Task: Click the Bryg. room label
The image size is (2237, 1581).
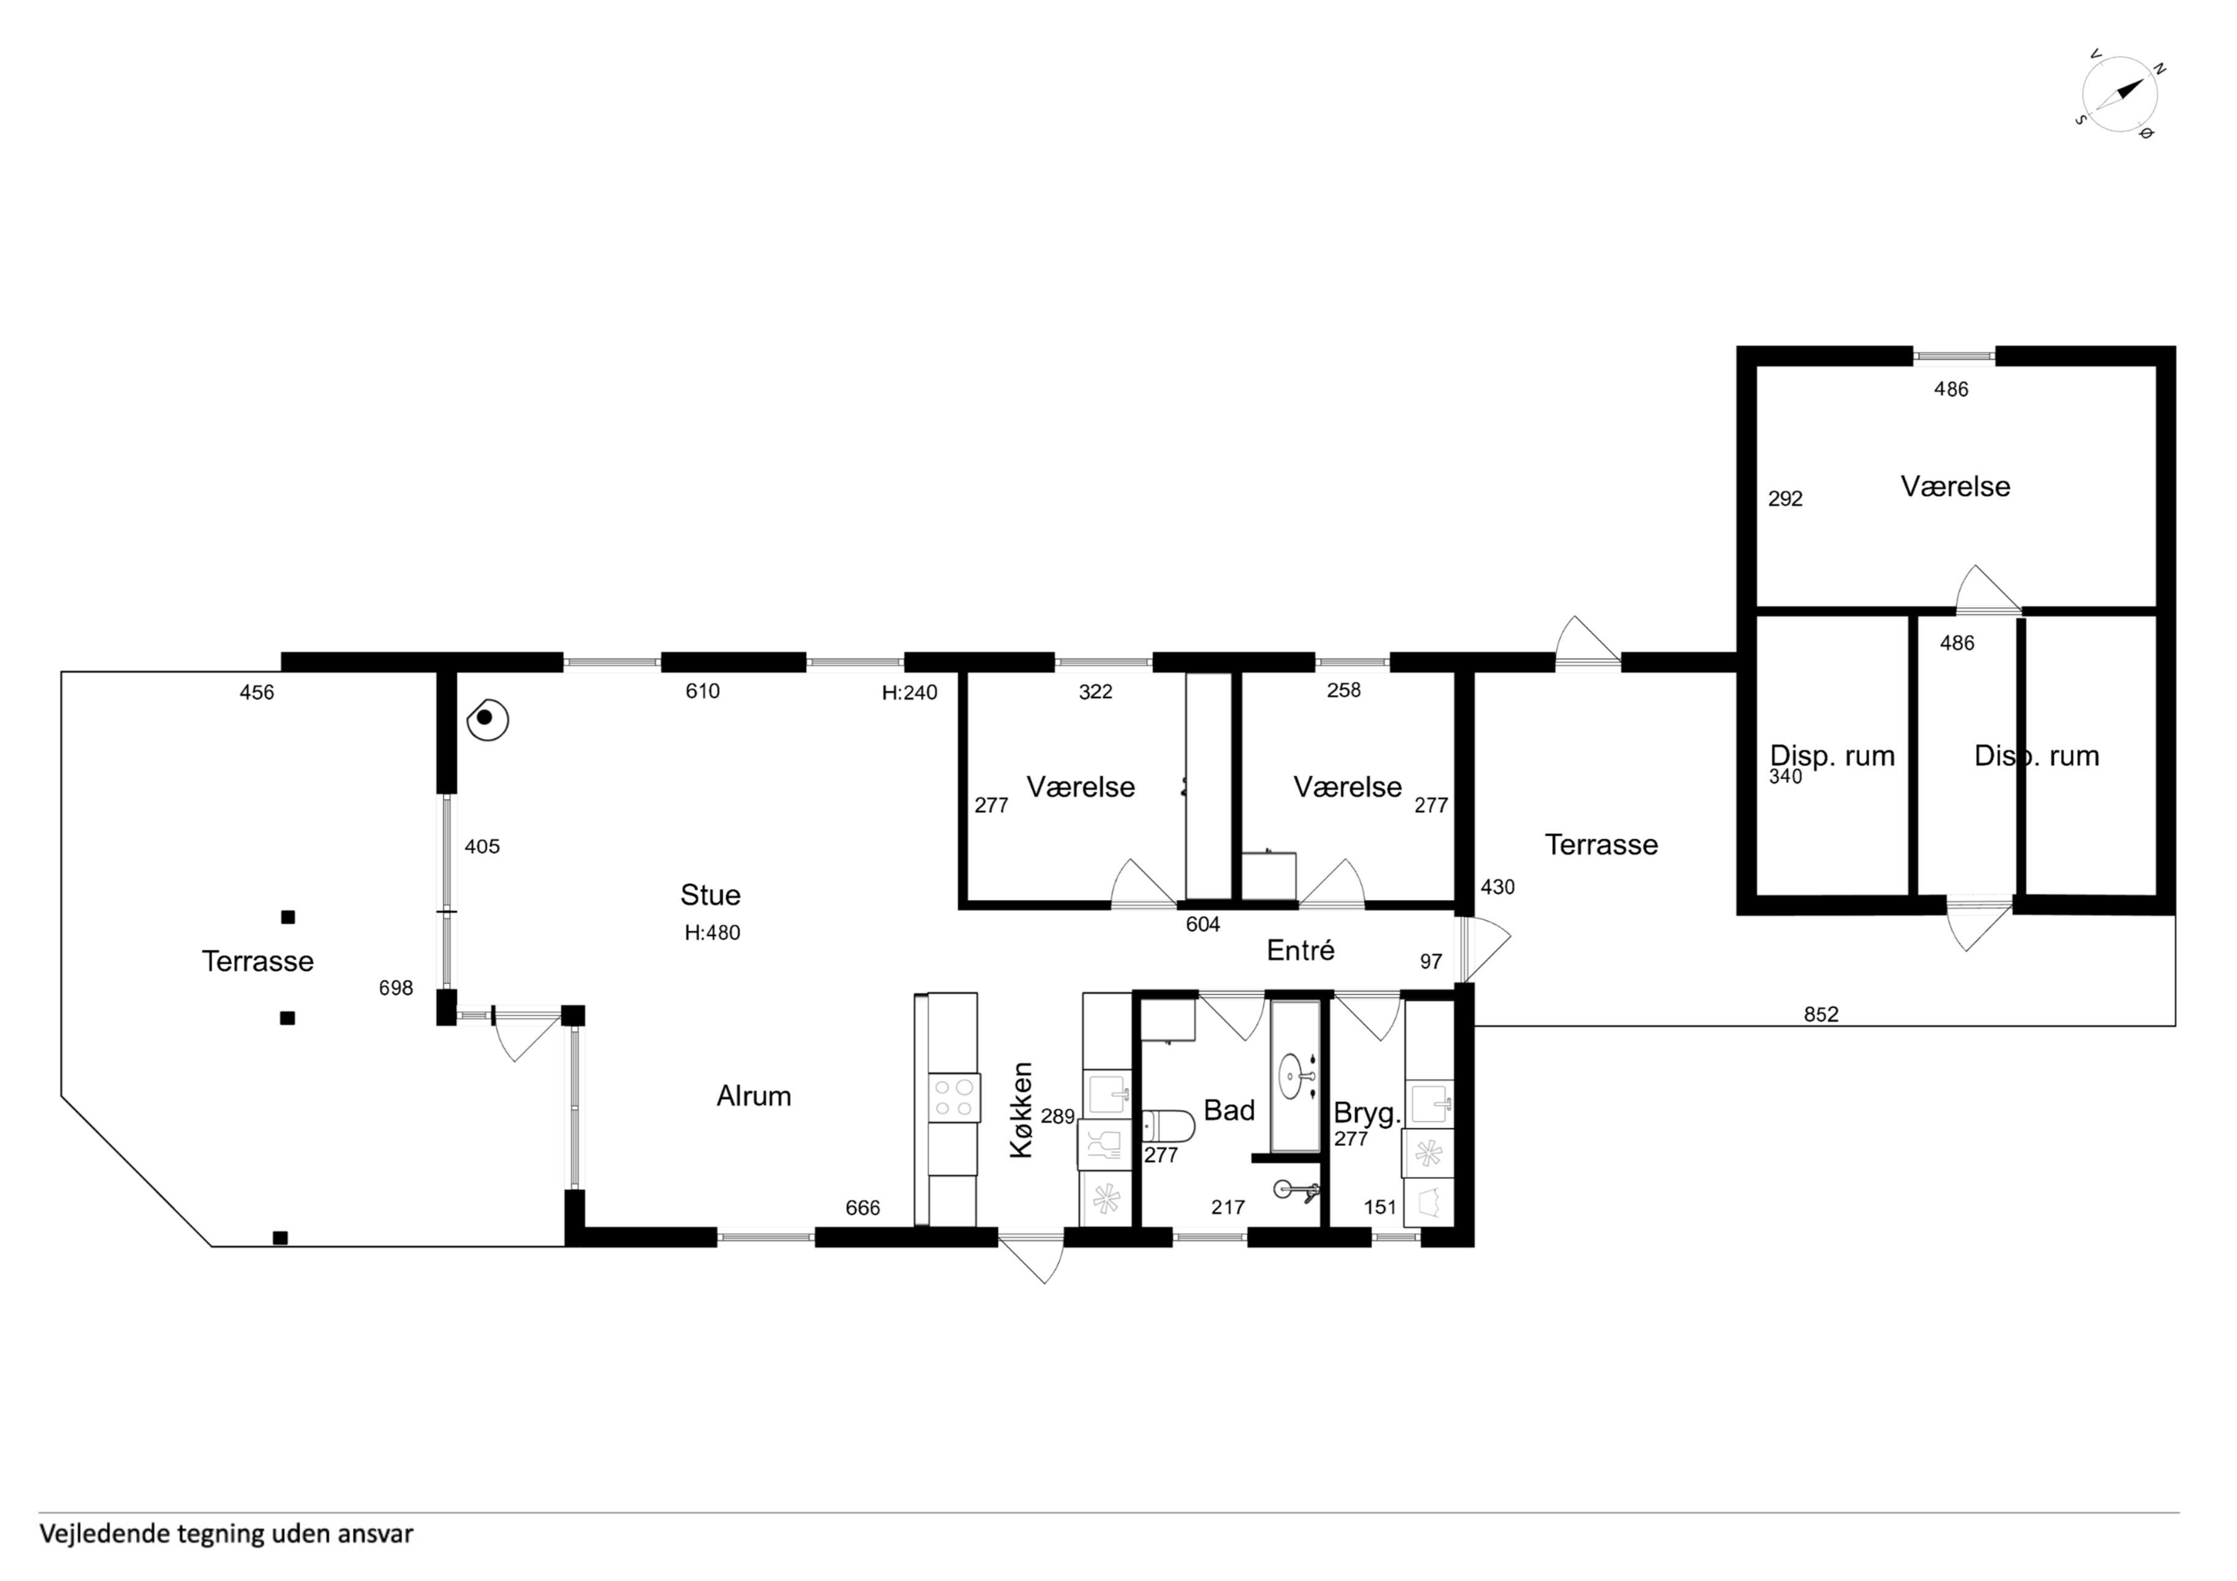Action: pos(1366,1113)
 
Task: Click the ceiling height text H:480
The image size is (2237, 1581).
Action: pos(712,932)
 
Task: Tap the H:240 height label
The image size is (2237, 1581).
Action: pos(909,693)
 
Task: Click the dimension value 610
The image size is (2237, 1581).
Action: pos(703,691)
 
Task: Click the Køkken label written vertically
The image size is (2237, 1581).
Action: pos(1020,1110)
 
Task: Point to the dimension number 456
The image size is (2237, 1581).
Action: pos(257,693)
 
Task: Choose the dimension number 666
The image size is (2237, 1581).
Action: pos(862,1208)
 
